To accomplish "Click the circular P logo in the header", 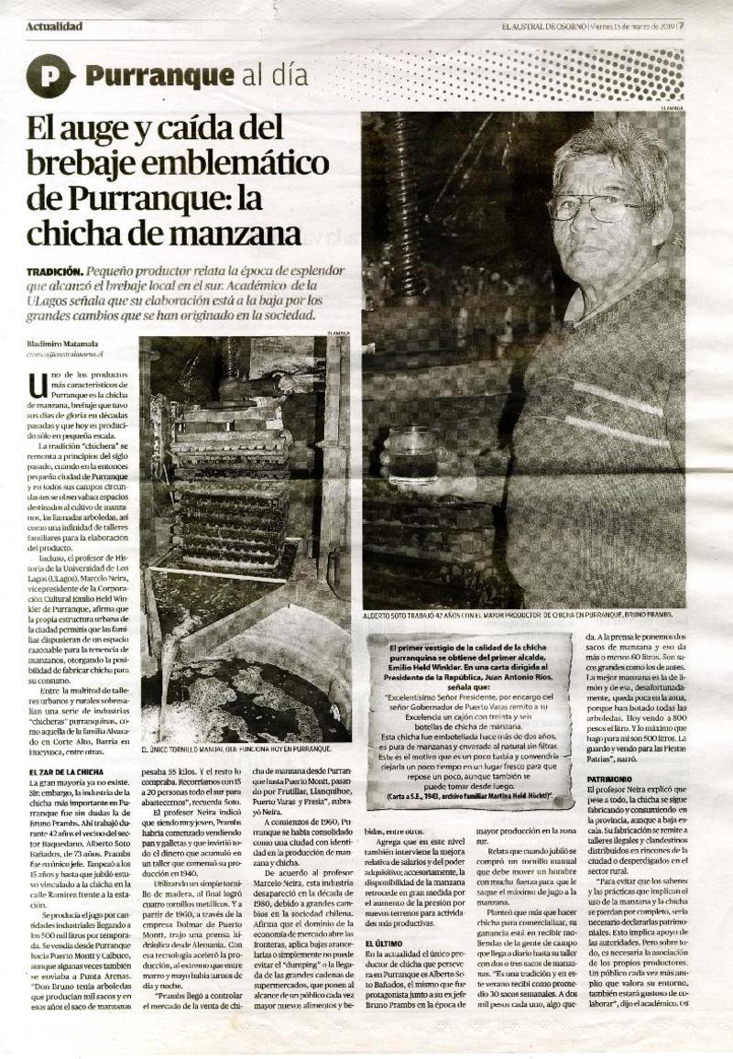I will (x=50, y=76).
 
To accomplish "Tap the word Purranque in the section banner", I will (x=146, y=76).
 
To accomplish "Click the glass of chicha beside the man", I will (x=412, y=453).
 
